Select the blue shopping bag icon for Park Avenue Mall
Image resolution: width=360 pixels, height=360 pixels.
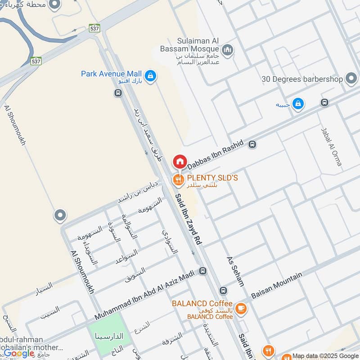click(x=151, y=76)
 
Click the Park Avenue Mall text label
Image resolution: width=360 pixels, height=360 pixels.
click(x=111, y=73)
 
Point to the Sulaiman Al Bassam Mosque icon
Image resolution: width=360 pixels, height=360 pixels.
click(x=228, y=49)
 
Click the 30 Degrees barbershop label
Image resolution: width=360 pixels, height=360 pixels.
click(x=303, y=79)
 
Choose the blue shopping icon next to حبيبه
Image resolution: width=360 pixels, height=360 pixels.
click(x=297, y=104)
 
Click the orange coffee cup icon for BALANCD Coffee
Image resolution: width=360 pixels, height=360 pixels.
click(x=241, y=308)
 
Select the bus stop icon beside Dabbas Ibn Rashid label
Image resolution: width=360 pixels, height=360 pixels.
click(x=252, y=144)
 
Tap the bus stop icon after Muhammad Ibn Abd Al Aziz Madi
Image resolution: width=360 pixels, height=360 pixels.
click(x=202, y=271)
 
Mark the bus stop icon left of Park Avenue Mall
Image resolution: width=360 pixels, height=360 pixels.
click(x=117, y=93)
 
